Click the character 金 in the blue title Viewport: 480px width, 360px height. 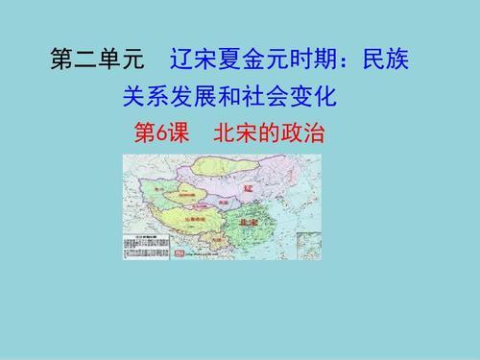[243, 60]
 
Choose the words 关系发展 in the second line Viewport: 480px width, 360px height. [169, 96]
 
